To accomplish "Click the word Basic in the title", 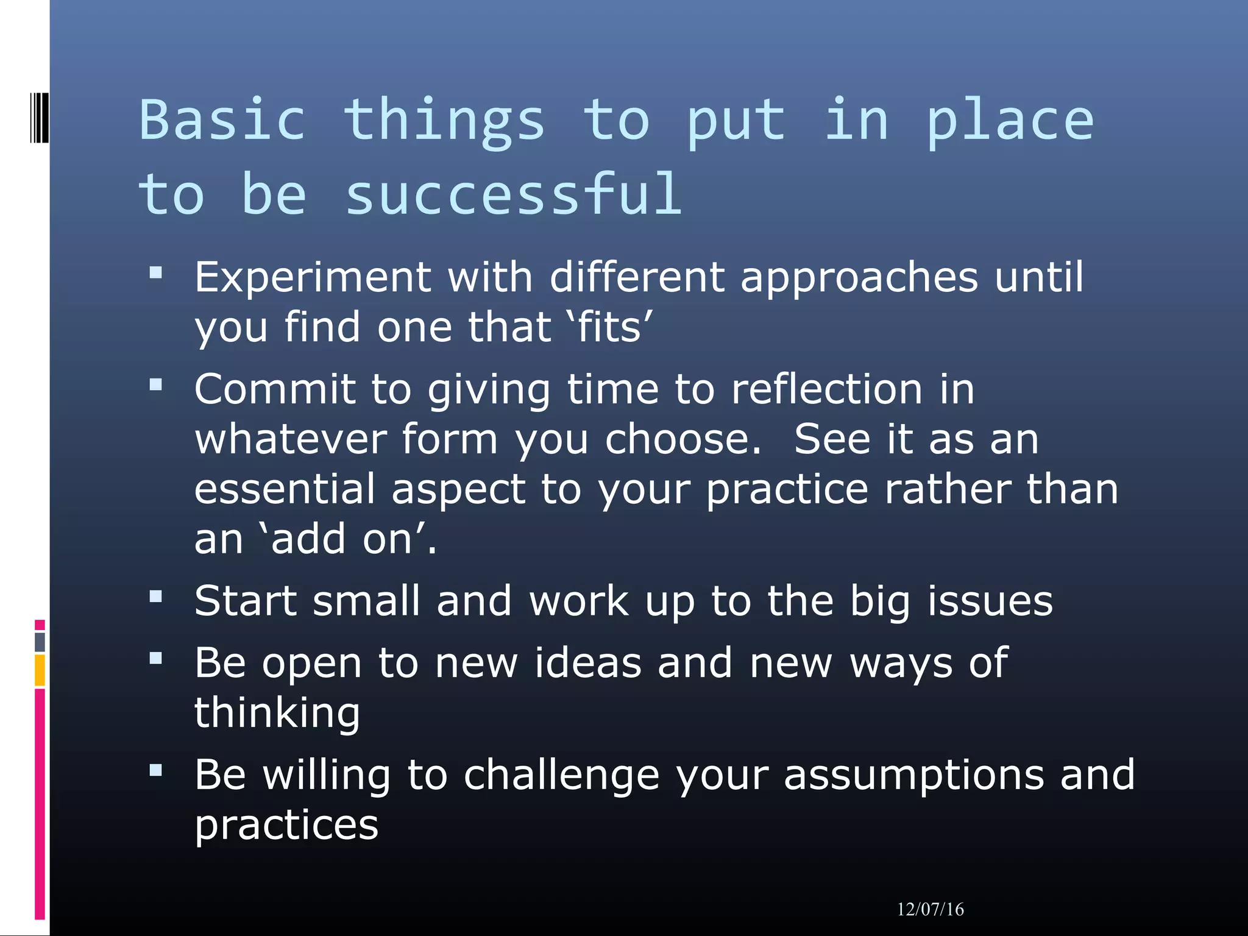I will (222, 120).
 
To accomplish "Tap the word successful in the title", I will (513, 195).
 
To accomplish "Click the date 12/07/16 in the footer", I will (930, 910).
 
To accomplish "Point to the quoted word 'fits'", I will (610, 327).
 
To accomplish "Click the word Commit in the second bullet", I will (274, 389).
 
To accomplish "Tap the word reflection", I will (826, 389).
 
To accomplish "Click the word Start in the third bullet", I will (245, 601).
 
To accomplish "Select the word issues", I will (990, 601).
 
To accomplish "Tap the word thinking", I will (277, 713).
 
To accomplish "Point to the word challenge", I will (561, 775).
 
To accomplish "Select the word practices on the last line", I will (286, 826).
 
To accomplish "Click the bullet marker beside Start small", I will (156, 597).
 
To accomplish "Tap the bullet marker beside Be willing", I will (156, 771).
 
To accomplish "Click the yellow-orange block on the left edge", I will (40, 670).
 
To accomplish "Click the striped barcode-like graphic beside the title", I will (39, 117).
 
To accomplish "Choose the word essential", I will (285, 489).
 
